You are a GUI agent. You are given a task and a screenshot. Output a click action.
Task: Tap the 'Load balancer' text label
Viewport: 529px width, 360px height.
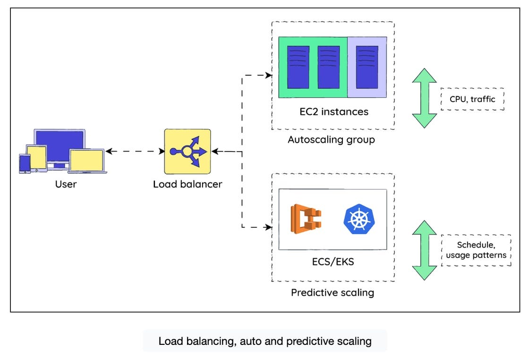click(188, 184)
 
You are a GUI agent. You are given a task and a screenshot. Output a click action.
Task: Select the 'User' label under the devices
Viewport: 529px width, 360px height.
click(66, 184)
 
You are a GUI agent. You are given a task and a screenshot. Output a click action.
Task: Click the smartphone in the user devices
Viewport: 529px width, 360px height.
click(25, 163)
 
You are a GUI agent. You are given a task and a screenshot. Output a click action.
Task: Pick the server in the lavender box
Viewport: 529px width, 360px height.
click(367, 67)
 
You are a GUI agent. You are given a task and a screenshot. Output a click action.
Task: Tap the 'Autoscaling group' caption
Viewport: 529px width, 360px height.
click(331, 139)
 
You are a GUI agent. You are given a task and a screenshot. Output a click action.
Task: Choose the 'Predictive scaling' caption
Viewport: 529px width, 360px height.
click(333, 292)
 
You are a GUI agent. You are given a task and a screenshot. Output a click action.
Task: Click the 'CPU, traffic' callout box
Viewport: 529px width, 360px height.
click(472, 99)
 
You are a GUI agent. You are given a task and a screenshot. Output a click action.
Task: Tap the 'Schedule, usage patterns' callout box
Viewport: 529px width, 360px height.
click(476, 250)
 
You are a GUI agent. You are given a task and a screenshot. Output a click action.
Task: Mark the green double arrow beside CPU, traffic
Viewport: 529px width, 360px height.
click(425, 98)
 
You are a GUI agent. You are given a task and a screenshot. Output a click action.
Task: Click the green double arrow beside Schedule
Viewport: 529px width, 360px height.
click(425, 250)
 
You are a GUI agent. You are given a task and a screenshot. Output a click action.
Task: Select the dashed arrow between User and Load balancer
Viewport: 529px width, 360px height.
click(135, 151)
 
